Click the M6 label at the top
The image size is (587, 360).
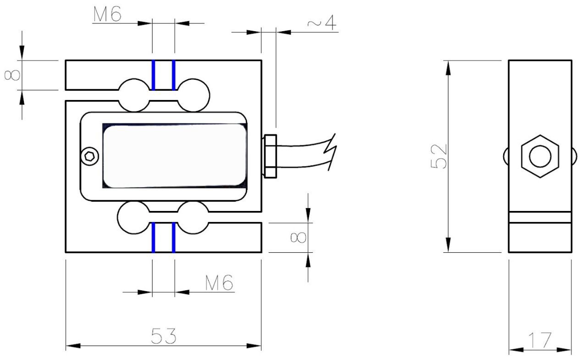107,15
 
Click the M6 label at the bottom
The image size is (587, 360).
219,283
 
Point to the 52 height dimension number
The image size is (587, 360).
439,156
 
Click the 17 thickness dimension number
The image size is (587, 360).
540,341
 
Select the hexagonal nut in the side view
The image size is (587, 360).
540,156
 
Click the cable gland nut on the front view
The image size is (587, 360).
270,156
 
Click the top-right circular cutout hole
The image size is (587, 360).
193,95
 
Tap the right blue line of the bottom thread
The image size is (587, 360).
173,237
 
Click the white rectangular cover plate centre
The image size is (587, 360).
174,156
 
